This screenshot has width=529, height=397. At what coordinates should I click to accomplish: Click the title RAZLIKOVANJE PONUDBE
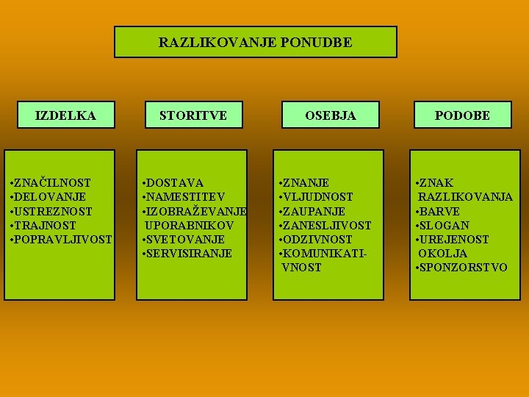click(255, 43)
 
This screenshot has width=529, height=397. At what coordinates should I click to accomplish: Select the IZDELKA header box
click(66, 115)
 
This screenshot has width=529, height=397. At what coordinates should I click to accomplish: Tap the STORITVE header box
click(193, 115)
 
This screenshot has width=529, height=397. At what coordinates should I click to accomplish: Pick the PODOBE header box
click(461, 115)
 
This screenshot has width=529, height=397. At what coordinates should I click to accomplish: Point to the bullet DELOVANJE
click(48, 197)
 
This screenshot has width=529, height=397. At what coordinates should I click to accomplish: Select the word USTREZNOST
click(51, 211)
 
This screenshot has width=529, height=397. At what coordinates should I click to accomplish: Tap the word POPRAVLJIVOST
click(61, 240)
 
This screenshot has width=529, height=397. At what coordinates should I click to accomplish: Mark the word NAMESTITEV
click(185, 197)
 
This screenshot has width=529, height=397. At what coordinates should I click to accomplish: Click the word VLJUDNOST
click(318, 197)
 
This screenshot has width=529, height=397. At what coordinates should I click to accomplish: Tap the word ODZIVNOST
click(318, 240)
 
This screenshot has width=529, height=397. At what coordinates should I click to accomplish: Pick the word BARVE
click(440, 211)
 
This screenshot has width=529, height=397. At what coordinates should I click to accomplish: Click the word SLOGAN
click(445, 225)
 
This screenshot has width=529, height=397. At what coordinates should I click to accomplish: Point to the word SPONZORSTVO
click(464, 268)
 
